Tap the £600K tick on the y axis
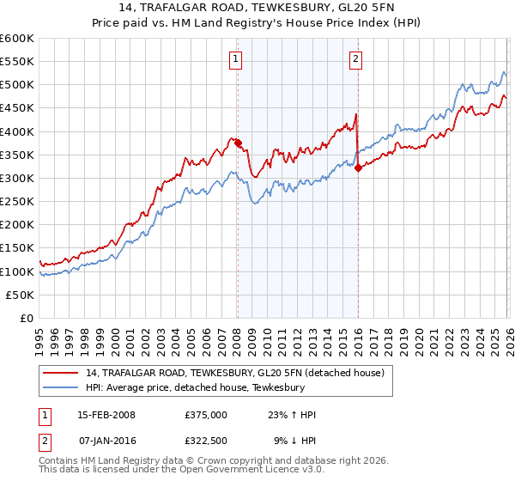click(17, 39)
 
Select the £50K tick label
click(20, 295)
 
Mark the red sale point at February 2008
click(238, 143)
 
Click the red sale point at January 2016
click(358, 167)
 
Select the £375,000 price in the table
click(205, 415)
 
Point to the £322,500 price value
click(205, 441)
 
